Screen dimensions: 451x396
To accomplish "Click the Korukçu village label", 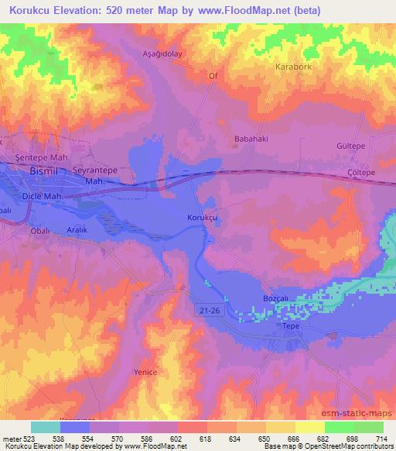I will click(x=204, y=219).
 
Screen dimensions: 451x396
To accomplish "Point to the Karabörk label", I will click(x=294, y=67).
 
